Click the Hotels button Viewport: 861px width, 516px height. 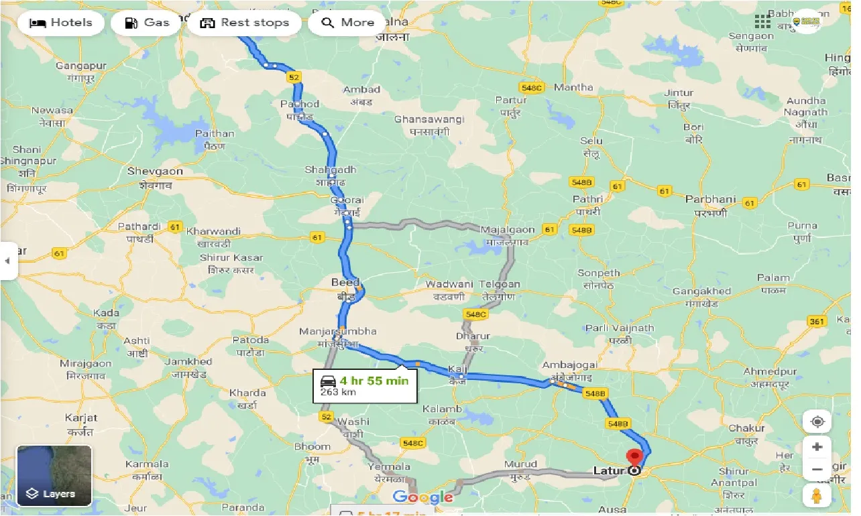61,23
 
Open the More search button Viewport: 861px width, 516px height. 347,23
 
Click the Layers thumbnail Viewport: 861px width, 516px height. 54,476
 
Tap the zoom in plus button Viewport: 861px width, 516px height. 817,447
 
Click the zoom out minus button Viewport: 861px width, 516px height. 817,470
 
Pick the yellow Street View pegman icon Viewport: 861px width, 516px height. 817,497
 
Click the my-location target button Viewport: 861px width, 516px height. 817,422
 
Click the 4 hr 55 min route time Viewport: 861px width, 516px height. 374,381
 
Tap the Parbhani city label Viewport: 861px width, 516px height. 710,200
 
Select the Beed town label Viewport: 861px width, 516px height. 345,283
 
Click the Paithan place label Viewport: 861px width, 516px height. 215,133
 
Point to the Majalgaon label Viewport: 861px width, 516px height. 508,230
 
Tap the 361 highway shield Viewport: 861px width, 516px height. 817,322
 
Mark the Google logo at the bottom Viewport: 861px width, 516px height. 422,497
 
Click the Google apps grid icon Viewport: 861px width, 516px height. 762,21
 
